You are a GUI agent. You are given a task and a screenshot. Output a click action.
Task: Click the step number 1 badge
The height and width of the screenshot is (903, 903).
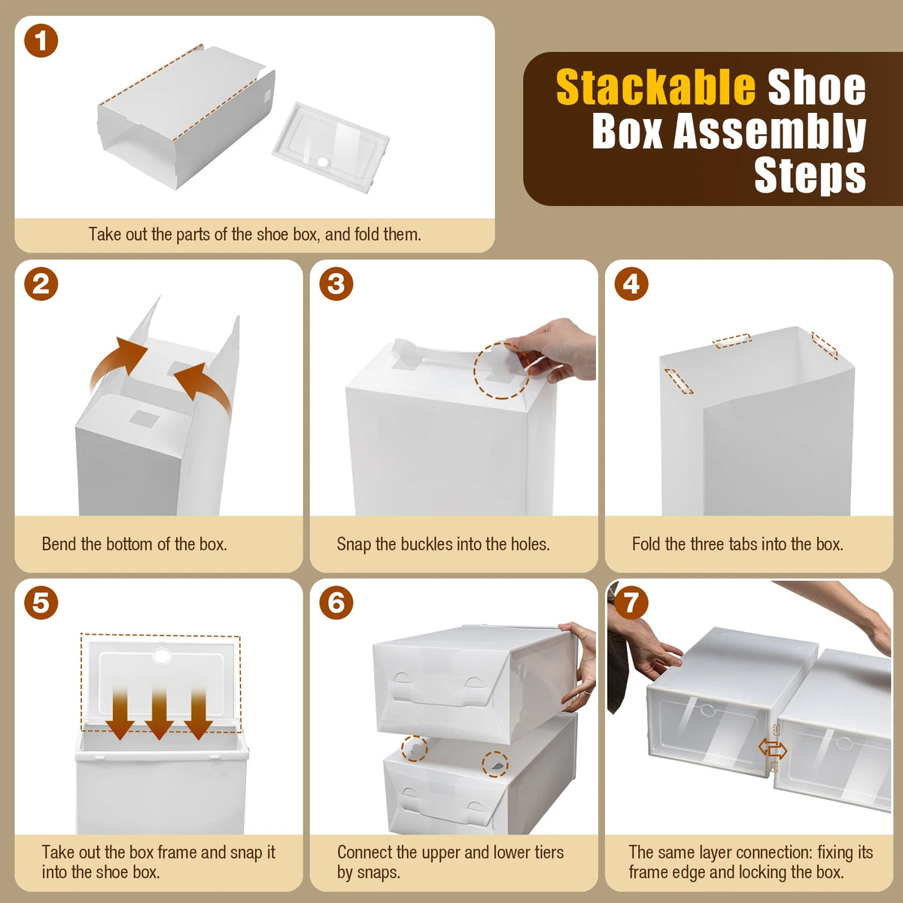tap(41, 41)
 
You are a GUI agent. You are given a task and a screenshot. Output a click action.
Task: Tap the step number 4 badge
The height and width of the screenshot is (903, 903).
tap(631, 284)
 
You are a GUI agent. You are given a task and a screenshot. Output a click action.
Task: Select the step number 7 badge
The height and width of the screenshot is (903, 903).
tap(631, 602)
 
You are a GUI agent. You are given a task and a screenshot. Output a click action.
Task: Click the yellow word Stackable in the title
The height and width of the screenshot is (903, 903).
tap(655, 88)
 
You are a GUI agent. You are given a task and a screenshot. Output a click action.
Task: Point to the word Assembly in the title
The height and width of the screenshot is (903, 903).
tap(769, 132)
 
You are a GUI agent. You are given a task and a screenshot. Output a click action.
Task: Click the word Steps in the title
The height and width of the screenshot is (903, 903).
tap(810, 175)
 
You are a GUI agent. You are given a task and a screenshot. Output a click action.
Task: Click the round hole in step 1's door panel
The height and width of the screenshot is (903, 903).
tap(324, 162)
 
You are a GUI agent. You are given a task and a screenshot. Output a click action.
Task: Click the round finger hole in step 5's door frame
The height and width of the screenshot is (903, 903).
tap(161, 656)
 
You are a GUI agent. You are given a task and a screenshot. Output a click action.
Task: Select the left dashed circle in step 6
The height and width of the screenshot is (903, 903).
tap(414, 748)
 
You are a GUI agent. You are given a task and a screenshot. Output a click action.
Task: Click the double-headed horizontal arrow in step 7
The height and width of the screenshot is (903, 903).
tap(772, 749)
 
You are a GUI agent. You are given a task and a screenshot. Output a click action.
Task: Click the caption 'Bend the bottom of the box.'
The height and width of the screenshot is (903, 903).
tap(135, 544)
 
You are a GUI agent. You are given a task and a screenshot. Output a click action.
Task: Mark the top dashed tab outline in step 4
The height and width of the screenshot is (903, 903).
tap(732, 341)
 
